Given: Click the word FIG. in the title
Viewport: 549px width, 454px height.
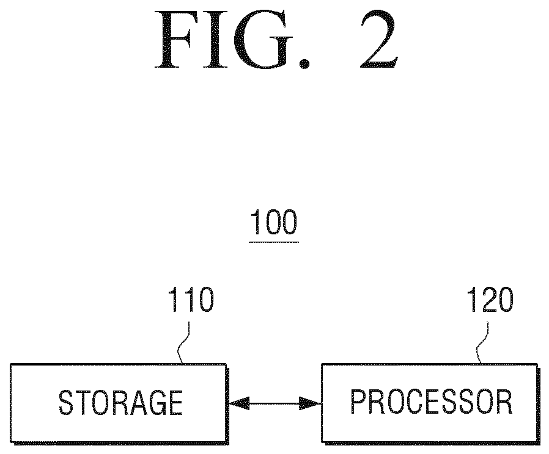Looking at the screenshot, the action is point(232,40).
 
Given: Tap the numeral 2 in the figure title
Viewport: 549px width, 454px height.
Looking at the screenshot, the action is point(379,40).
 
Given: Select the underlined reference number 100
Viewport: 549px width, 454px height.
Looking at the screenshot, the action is point(274,222).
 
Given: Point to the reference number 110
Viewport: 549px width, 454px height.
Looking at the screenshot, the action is point(191,300).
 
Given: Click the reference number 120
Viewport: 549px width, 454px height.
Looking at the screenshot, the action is point(490,300).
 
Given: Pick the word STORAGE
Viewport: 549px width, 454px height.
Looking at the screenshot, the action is point(120,403).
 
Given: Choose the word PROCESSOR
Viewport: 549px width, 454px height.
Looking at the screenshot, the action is point(432,402).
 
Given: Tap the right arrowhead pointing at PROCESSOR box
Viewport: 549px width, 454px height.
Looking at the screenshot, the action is point(310,404).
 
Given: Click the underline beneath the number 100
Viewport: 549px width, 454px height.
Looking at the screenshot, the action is point(274,242).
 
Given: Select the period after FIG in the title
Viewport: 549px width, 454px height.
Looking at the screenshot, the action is point(304,64).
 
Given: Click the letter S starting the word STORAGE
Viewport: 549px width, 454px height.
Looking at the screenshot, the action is point(66,403).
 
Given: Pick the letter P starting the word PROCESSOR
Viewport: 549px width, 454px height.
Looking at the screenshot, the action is point(359,402).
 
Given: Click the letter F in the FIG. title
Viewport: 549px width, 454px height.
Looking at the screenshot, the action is point(175,40).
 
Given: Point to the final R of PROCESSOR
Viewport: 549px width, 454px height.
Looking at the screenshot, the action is point(504,402).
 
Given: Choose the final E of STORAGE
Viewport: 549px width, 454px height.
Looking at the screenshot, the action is point(175,403).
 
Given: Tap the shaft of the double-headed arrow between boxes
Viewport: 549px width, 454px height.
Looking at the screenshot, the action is point(274,404).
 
